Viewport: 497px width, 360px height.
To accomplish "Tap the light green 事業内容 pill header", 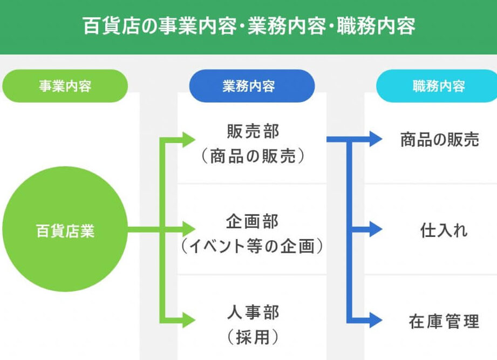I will (x=65, y=86).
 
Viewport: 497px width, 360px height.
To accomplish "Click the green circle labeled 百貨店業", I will (x=65, y=231).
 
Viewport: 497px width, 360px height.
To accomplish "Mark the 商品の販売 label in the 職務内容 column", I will (x=439, y=140).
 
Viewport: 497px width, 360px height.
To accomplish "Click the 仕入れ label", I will (x=444, y=230).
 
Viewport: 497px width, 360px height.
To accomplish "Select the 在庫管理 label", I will (x=444, y=322).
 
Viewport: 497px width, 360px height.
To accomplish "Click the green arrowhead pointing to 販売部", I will (x=188, y=140).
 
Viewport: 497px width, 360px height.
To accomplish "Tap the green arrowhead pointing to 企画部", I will (x=188, y=229).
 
